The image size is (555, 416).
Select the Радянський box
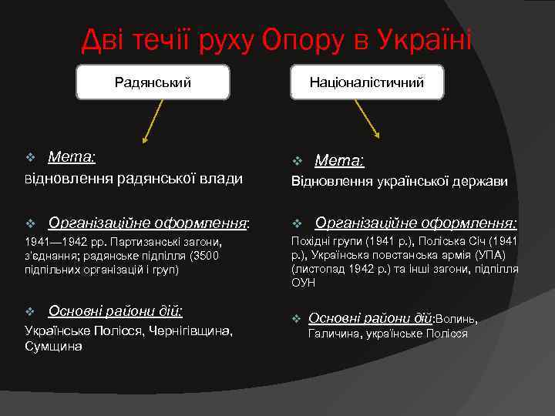tap(153, 82)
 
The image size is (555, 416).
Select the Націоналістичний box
tap(367, 82)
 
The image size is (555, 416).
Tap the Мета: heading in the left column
tap(72, 157)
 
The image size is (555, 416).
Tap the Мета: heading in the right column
tap(340, 161)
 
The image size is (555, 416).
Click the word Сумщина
tap(53, 347)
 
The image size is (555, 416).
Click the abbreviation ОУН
tap(303, 283)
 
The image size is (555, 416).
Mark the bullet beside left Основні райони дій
tap(30, 311)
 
